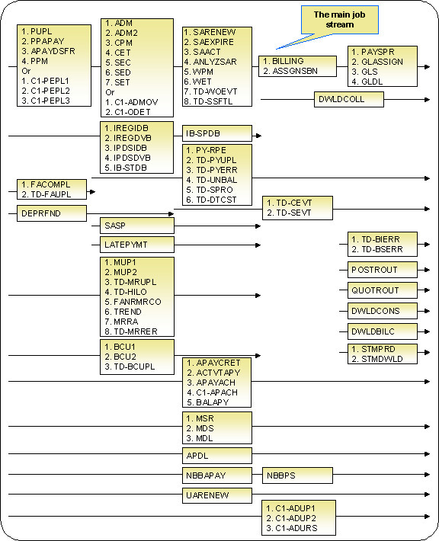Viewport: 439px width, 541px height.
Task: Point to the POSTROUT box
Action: click(383, 270)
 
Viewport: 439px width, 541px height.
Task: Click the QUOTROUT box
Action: click(383, 290)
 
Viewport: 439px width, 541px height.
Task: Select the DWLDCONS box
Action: click(383, 311)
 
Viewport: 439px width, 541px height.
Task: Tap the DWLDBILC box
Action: click(383, 331)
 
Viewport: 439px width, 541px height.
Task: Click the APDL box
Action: click(217, 456)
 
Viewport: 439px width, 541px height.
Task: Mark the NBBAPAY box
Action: click(217, 475)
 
